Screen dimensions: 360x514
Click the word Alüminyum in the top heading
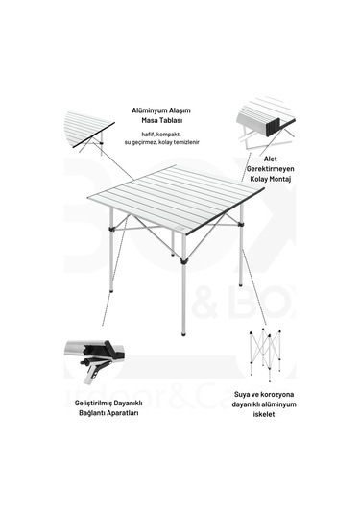[x=150, y=110]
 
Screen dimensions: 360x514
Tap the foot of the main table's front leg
[x=183, y=333]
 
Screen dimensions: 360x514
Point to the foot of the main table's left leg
[x=112, y=293]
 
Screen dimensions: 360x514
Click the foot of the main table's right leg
[x=240, y=284]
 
